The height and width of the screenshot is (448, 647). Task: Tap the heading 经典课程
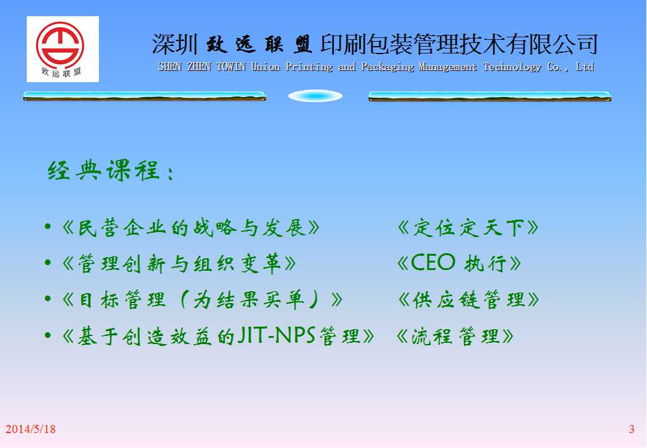[x=103, y=170]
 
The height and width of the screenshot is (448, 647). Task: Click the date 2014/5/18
[x=30, y=429]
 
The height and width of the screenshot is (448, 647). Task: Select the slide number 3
[x=631, y=429]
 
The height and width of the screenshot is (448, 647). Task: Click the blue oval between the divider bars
[x=315, y=96]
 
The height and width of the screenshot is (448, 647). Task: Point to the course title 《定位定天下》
[x=467, y=228]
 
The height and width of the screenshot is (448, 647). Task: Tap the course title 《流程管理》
[x=455, y=336]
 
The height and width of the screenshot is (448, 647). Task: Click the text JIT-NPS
[x=276, y=335]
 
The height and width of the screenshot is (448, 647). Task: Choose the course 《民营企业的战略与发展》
[x=190, y=228]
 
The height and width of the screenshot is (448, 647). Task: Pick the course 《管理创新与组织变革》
[x=179, y=263]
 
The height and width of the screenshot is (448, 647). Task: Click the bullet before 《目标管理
[x=48, y=299]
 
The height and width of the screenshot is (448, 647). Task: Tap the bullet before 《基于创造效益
[x=48, y=335]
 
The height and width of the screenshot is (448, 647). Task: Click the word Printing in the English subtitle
[x=309, y=67]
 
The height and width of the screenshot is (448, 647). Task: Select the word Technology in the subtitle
[x=512, y=67]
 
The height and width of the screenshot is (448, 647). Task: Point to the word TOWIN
[x=231, y=67]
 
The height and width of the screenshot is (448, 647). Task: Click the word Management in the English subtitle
[x=448, y=67]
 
